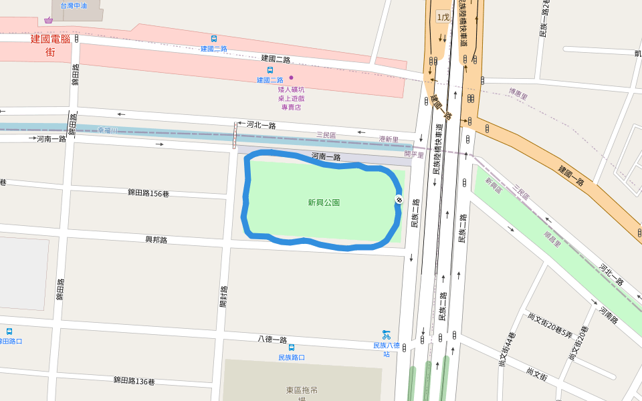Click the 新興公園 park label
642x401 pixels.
324,203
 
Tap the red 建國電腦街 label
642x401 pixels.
50,45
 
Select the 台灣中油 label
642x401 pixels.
74,5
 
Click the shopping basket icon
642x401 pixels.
48,20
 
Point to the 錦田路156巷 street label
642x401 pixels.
148,193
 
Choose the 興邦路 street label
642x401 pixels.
156,239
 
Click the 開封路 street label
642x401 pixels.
224,297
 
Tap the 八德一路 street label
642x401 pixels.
272,340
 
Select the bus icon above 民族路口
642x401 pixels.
292,348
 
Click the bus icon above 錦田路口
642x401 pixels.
9,331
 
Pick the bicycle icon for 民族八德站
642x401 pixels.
386,334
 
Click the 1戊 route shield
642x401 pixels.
443,17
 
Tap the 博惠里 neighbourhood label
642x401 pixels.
518,94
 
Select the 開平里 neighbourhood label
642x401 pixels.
414,155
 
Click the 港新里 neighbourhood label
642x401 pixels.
389,140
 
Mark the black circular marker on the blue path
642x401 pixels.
399,199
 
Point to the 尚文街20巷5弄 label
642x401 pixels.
550,326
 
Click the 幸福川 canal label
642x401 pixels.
108,130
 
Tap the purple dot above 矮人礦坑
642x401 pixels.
291,78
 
